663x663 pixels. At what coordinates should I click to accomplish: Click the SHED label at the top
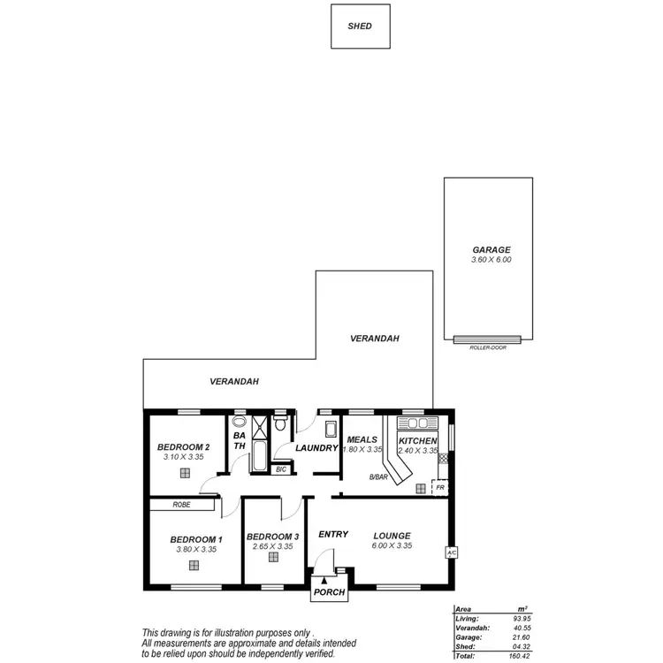tap(360, 27)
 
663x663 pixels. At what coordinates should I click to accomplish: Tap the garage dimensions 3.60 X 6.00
tap(492, 260)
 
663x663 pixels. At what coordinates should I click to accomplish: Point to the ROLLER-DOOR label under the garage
tap(487, 348)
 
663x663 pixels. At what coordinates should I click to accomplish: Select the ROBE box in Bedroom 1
tap(182, 505)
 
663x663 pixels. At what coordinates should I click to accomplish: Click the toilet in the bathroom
tap(279, 425)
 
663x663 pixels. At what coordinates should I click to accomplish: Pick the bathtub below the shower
tap(259, 457)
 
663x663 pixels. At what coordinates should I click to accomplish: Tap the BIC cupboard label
tap(281, 469)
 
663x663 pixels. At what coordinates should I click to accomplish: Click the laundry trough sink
tap(331, 431)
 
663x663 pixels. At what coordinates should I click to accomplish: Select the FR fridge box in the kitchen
tap(439, 486)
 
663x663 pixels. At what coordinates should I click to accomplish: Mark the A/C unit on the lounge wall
tap(450, 552)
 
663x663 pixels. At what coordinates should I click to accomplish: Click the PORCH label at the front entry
tap(330, 592)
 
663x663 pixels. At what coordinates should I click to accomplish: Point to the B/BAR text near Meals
tap(379, 477)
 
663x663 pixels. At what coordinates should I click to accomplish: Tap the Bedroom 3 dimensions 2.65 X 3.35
tap(272, 547)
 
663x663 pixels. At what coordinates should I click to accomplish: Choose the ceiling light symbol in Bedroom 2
tap(185, 473)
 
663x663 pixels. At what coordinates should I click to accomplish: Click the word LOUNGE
tap(392, 535)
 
